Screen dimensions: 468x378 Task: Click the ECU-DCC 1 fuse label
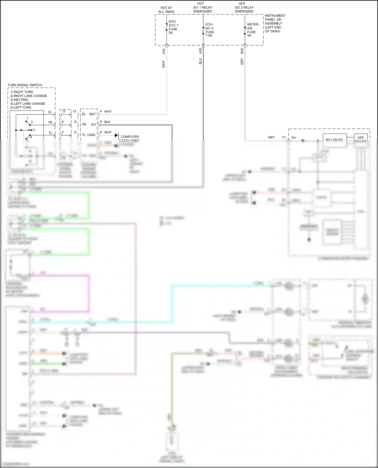[173, 27]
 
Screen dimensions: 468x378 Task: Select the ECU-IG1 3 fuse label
[209, 30]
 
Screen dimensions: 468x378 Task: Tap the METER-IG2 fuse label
[253, 30]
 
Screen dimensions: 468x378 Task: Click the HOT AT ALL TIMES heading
[166, 10]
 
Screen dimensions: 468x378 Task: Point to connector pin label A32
[164, 51]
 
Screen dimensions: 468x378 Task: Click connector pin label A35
[201, 51]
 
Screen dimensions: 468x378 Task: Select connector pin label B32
[242, 51]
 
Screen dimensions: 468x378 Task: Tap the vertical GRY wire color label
[242, 62]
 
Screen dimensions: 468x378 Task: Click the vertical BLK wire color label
[201, 61]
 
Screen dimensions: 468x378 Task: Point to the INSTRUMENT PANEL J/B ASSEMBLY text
[275, 23]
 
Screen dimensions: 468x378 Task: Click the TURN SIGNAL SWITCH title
[25, 85]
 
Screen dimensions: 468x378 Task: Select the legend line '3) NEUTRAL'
[19, 100]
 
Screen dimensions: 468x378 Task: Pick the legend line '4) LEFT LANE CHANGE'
[28, 104]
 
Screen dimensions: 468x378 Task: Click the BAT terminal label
[93, 114]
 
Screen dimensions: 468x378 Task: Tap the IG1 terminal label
[93, 124]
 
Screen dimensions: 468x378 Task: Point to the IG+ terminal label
[294, 138]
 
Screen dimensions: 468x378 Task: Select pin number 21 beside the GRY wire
[284, 137]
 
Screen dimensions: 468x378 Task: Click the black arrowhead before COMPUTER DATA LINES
[116, 135]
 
